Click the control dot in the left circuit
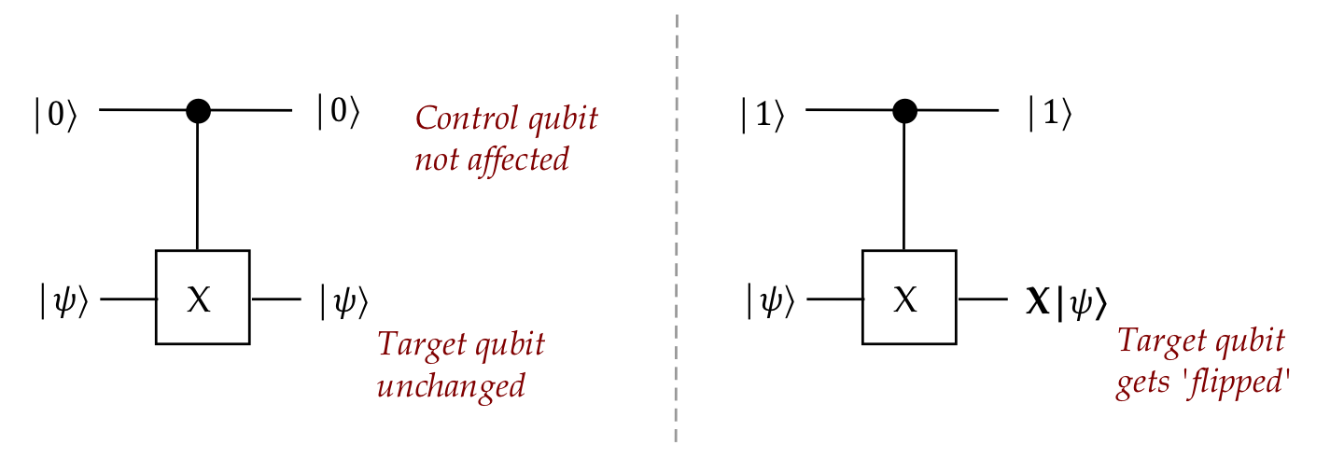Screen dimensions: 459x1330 pyautogui.click(x=198, y=111)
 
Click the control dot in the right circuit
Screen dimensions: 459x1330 pyautogui.click(x=903, y=111)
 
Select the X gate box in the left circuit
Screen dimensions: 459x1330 pyautogui.click(x=202, y=298)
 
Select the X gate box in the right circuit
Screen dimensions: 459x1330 pyautogui.click(x=908, y=298)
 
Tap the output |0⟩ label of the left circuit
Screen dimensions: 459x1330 pyautogui.click(x=338, y=112)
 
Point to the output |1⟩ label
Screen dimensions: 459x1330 pyautogui.click(x=1049, y=114)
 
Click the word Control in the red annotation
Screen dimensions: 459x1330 pyautogui.click(x=455, y=119)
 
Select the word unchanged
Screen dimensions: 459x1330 pyautogui.click(x=451, y=384)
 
